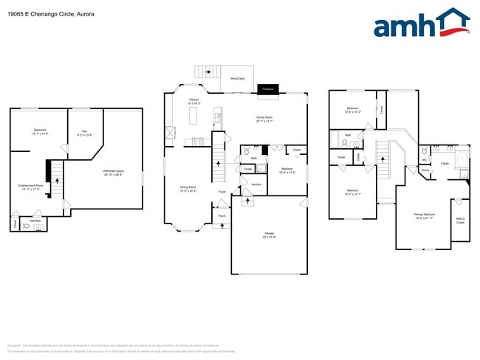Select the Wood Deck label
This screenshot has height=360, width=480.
(x=238, y=78)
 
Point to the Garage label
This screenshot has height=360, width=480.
(x=270, y=234)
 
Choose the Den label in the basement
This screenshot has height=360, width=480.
(x=84, y=133)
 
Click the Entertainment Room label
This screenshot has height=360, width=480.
(x=29, y=187)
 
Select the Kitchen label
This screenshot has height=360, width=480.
(x=193, y=100)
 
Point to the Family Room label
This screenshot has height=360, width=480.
(x=264, y=118)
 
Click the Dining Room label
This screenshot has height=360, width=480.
(x=188, y=188)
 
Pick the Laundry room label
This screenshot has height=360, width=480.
(x=256, y=184)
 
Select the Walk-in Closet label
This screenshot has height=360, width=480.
(x=460, y=220)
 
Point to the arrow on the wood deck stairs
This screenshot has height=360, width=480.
(x=208, y=72)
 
